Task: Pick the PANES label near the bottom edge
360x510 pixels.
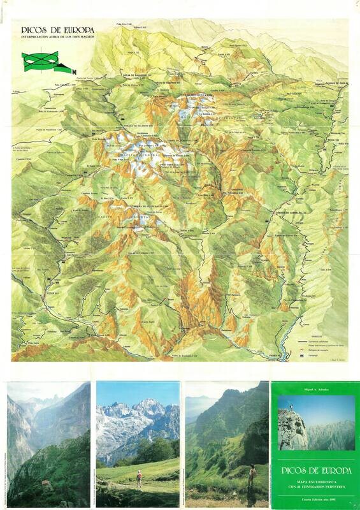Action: [x=328, y=355]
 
